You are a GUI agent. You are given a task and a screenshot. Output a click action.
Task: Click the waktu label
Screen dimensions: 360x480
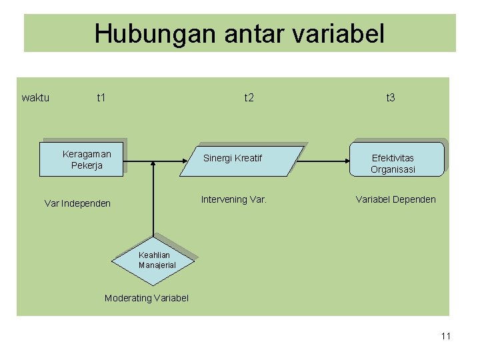[x=35, y=98]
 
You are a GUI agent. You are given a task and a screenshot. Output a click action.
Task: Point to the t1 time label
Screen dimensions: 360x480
[x=101, y=98]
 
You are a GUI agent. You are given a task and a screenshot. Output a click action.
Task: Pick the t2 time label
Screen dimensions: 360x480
[x=249, y=98]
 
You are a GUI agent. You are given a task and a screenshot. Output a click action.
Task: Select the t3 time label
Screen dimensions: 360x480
[x=391, y=98]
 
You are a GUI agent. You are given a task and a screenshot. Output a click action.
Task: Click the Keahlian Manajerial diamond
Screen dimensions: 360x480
[x=155, y=261]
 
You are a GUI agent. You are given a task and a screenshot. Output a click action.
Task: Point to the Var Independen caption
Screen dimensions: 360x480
[x=77, y=203]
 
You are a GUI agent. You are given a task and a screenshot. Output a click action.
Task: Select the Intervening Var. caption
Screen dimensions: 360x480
[x=234, y=199]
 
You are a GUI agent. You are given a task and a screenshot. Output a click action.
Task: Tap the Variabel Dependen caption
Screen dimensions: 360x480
[x=395, y=199]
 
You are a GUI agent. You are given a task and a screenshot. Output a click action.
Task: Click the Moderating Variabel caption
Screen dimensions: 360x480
[x=147, y=298]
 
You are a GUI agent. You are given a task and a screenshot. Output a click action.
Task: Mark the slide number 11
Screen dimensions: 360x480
[x=445, y=336]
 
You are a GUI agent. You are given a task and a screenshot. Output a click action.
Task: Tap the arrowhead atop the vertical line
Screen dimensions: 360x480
[x=154, y=163]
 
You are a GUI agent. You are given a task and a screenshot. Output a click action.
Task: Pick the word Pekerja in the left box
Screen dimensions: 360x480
[x=87, y=165]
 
